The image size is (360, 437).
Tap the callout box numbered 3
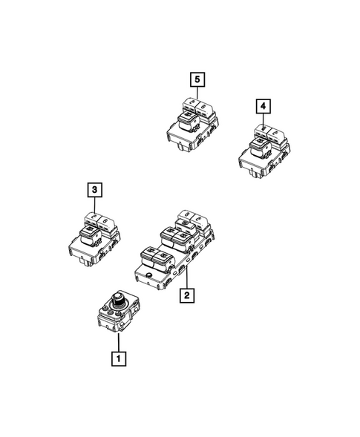click(94, 190)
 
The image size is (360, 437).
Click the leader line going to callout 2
click(185, 279)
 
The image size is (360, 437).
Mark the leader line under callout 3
click(94, 206)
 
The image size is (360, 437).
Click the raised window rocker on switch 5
click(186, 115)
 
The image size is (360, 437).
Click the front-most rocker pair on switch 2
click(155, 257)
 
